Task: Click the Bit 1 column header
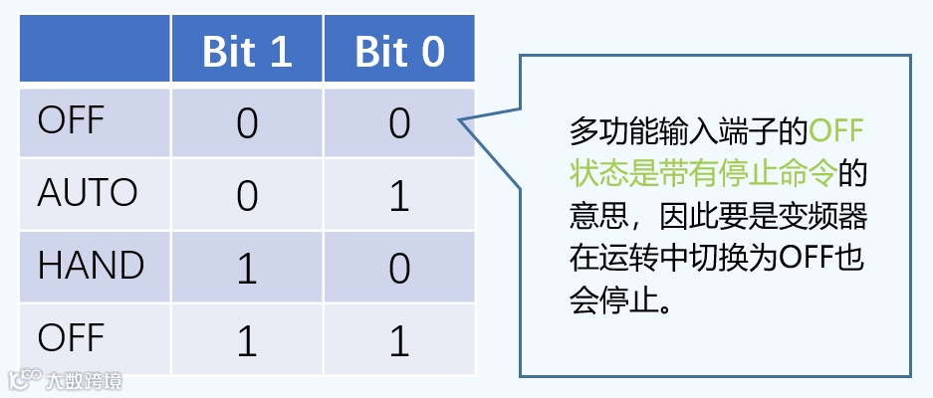tap(247, 52)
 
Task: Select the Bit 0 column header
tap(399, 52)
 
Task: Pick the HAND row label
tap(91, 266)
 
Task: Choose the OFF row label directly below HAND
tap(71, 338)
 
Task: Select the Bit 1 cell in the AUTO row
tap(247, 195)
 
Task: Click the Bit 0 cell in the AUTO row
tap(399, 195)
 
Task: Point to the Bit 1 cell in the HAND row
tap(247, 268)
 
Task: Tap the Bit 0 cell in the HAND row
tap(399, 268)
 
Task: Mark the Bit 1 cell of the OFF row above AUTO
tap(247, 123)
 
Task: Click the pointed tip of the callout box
tap(460, 121)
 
